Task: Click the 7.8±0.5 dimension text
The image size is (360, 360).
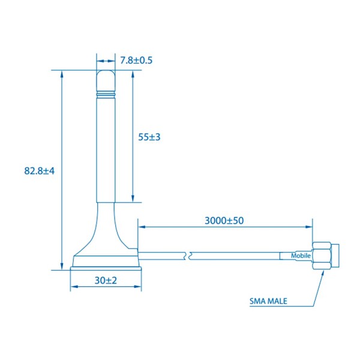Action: (136, 60)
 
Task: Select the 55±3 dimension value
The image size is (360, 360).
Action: (149, 137)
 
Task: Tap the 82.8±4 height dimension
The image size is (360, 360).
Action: (40, 170)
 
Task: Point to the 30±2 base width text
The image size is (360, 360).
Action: (106, 280)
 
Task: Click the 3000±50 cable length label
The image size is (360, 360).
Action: (224, 220)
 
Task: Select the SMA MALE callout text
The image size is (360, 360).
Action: (268, 301)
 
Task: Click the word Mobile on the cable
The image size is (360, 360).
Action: (301, 256)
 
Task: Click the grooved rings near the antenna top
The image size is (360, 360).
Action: (106, 94)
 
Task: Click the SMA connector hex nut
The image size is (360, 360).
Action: (322, 256)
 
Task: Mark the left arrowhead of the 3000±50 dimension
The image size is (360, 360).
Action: (142, 227)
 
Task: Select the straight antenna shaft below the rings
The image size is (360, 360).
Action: (106, 150)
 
